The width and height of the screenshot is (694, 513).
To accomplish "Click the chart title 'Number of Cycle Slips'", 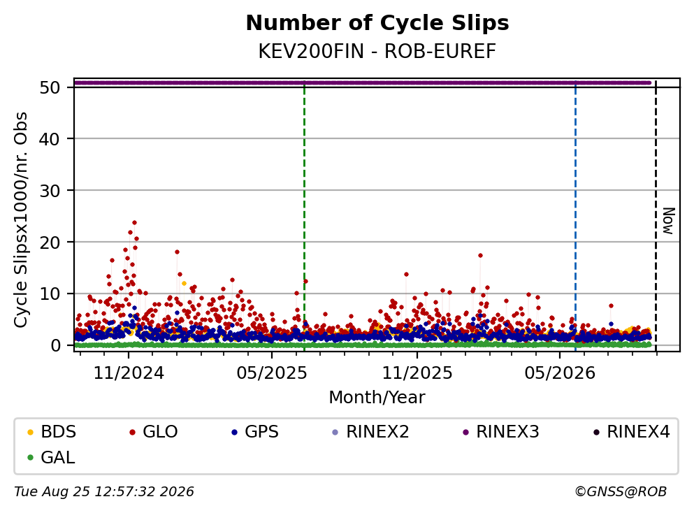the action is (x=377, y=23).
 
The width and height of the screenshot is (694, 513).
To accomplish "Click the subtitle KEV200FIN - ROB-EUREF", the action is (x=377, y=51).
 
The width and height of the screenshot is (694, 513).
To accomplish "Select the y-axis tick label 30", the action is (x=50, y=191).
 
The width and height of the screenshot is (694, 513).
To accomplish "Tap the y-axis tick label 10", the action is (x=50, y=294).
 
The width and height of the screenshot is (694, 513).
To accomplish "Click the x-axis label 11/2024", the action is (x=129, y=373).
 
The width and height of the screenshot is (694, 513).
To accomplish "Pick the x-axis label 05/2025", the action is (x=271, y=373).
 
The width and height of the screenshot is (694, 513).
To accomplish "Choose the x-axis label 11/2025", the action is (x=417, y=373).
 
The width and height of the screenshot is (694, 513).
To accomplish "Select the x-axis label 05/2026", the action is (x=560, y=373).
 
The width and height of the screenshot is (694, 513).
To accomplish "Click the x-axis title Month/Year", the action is (x=377, y=398).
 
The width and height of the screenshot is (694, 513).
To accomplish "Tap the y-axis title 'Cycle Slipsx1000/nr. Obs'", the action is (x=21, y=220).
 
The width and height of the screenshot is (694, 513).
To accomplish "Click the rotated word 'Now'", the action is (x=668, y=221).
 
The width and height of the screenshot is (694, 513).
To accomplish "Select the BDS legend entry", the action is (x=52, y=431).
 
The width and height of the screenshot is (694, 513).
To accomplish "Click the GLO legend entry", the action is (x=154, y=431).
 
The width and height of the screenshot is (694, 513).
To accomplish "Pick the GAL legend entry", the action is (x=51, y=457).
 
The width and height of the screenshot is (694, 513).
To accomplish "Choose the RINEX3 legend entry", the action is (x=501, y=431).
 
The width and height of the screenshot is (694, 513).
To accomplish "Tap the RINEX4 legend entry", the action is (x=632, y=431).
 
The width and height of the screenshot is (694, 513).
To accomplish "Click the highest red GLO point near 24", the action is (x=135, y=223).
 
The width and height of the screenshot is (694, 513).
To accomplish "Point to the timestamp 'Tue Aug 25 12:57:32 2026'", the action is (x=104, y=492).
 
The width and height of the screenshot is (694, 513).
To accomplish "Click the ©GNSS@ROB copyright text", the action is (x=621, y=492).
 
